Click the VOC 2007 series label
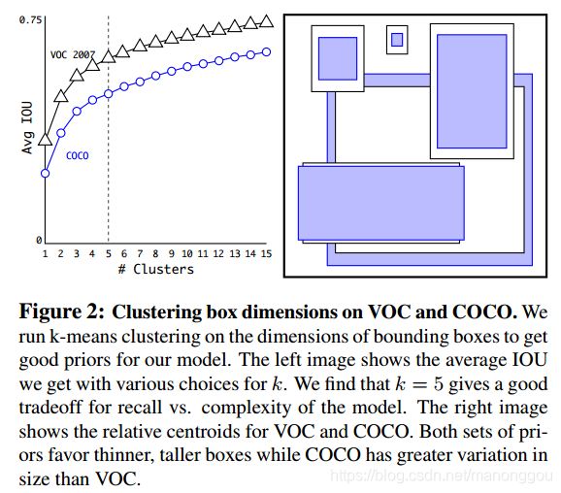click(73, 54)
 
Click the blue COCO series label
click(78, 155)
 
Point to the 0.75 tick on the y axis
click(30, 19)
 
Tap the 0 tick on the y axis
click(39, 240)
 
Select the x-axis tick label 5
click(108, 253)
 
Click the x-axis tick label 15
click(266, 253)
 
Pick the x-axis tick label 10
click(186, 253)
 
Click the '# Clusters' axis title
click(156, 269)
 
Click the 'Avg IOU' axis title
click(27, 128)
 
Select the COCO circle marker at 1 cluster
click(45, 174)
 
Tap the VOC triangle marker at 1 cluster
click(45, 139)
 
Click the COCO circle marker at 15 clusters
click(266, 51)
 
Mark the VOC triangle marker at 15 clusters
click(266, 21)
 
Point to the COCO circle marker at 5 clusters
click(109, 94)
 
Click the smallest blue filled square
click(397, 40)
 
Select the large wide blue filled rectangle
click(381, 203)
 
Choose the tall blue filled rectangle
click(472, 91)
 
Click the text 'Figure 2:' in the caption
click(61, 312)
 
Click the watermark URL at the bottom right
click(442, 477)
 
